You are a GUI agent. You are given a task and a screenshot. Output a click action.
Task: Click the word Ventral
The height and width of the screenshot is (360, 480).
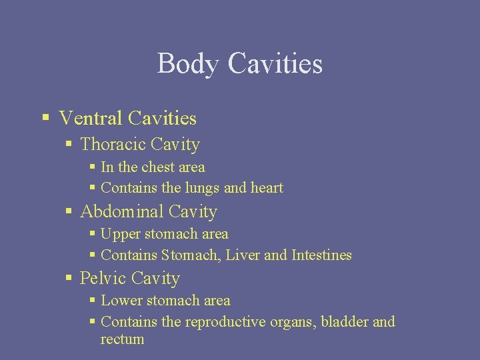click(91, 119)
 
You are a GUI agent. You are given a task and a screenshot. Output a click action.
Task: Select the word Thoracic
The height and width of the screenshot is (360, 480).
click(113, 145)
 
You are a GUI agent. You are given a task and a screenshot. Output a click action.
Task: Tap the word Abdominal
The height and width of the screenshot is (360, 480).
click(121, 212)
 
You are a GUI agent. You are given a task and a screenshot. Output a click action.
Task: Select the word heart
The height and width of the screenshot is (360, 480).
click(267, 188)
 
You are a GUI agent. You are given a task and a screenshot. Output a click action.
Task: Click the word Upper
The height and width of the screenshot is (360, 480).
click(121, 235)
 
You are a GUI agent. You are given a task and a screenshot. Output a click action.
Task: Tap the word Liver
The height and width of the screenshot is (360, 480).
click(244, 255)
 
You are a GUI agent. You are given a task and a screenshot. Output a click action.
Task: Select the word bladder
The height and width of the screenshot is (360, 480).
click(344, 321)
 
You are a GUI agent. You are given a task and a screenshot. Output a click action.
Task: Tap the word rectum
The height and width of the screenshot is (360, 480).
click(122, 339)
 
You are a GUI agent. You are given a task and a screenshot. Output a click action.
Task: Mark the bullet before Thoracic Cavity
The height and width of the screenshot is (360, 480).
click(69, 145)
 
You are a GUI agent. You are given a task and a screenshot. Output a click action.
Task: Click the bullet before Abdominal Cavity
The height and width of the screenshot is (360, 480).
click(69, 212)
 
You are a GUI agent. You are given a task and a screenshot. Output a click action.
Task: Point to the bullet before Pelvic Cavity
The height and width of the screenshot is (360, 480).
click(69, 278)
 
